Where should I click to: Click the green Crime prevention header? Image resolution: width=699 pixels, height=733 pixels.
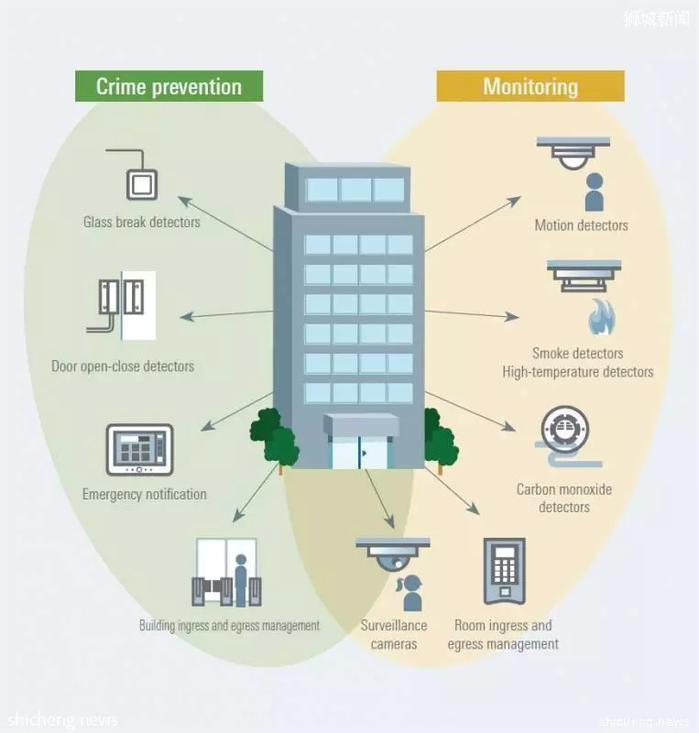point(169,86)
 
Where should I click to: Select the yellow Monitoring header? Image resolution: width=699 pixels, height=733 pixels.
point(530,86)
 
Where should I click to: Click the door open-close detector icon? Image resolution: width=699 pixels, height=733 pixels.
point(121,306)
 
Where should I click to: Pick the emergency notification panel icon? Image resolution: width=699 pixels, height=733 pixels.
point(140,450)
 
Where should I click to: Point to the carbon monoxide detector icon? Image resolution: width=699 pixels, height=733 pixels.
point(568,436)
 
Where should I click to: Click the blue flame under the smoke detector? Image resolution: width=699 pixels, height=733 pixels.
point(602,317)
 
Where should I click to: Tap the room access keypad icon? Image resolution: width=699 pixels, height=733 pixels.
point(505,571)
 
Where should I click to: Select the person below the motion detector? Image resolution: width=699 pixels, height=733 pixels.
point(595,191)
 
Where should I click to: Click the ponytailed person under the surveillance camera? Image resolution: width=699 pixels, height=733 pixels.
point(411,593)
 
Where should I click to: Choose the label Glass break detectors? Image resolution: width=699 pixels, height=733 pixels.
point(142,222)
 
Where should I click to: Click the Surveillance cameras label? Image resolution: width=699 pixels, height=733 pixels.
point(394,634)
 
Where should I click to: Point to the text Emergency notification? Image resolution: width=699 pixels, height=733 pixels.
point(145,494)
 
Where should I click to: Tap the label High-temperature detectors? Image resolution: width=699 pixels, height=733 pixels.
point(578,372)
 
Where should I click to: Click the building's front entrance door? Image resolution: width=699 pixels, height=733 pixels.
point(359,452)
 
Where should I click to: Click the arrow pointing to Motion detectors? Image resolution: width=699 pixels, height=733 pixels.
point(473,224)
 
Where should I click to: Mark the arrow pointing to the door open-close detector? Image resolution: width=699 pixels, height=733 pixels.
point(227,314)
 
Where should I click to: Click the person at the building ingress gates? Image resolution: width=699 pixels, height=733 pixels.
point(241,580)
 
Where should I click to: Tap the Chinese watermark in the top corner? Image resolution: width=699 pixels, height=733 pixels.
point(656,18)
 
